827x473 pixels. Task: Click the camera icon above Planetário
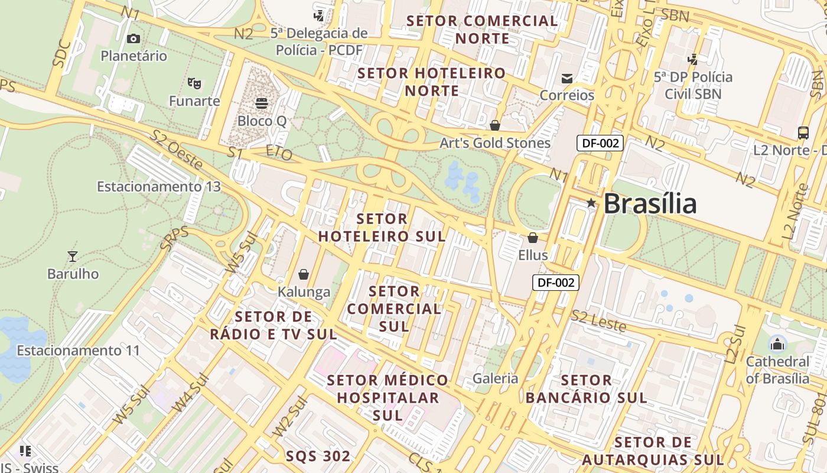point(134,38)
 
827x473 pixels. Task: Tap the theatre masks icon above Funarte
point(194,83)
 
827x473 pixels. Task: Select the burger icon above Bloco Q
point(262,103)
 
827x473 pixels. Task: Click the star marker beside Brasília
point(591,203)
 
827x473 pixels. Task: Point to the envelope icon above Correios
point(567,78)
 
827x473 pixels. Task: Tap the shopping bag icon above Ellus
point(533,238)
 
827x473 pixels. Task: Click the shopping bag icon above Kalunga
point(304,274)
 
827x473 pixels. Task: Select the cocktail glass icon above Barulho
point(73,256)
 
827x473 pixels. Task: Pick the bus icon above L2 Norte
point(803,132)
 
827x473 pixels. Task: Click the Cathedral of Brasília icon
point(777,344)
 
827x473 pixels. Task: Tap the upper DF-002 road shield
point(600,142)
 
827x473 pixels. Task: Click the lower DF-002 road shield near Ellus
point(556,282)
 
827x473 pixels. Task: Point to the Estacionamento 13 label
point(159,187)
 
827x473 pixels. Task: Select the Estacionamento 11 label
point(78,351)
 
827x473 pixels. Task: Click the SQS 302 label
point(318,456)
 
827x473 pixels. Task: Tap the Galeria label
point(495,378)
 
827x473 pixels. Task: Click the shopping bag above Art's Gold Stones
point(495,125)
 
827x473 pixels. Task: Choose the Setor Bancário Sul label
point(586,388)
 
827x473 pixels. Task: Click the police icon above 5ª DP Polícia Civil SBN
point(693,59)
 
